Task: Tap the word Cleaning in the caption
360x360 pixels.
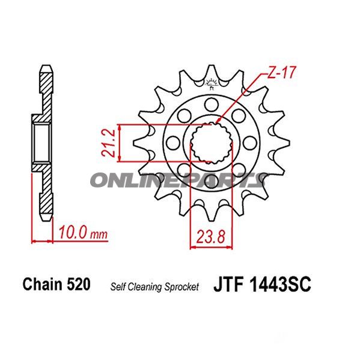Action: [147, 287]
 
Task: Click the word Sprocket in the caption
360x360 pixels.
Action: [182, 287]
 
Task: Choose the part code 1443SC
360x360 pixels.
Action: [281, 285]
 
